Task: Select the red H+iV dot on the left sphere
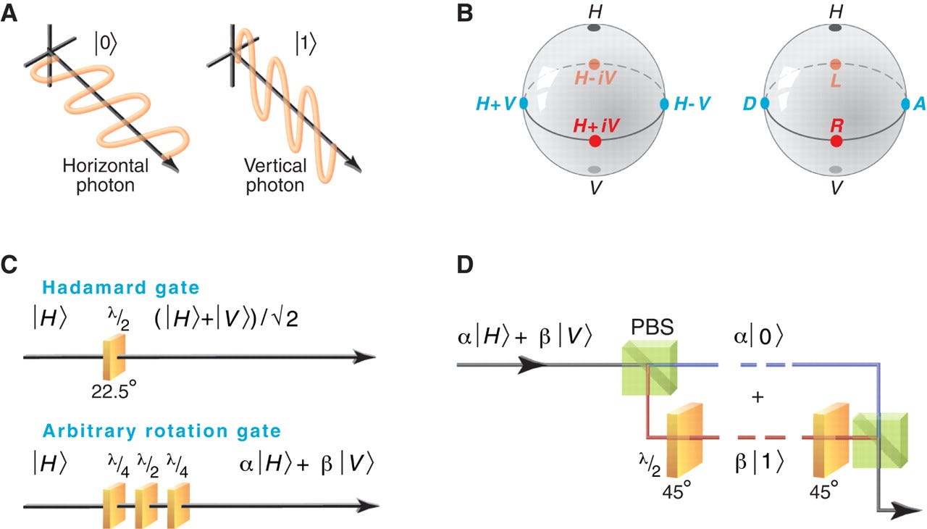click(595, 141)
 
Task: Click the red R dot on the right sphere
click(836, 141)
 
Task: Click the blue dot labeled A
click(905, 104)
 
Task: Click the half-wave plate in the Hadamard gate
click(114, 357)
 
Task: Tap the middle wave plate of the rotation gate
click(146, 504)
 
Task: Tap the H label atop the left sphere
click(594, 12)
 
